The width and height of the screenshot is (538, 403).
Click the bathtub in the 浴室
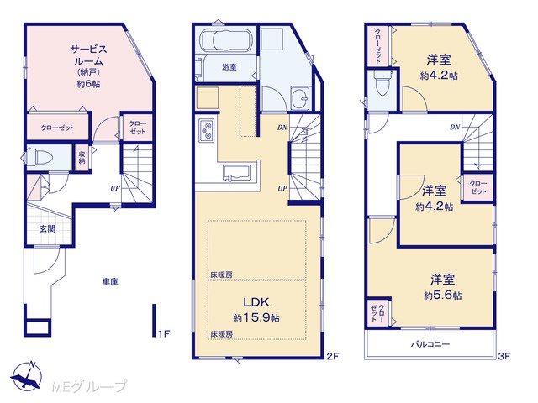pos(226,41)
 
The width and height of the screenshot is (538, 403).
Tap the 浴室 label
pos(229,67)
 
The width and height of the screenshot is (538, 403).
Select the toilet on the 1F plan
pos(39,157)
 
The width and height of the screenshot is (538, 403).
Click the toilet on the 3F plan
pos(382,82)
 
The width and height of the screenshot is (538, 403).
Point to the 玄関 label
pos(47,228)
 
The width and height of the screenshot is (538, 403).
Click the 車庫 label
pos(110,282)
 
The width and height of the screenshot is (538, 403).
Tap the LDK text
pos(256,302)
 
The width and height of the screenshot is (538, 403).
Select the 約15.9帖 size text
pos(256,318)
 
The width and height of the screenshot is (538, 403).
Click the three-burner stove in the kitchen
pos(207,131)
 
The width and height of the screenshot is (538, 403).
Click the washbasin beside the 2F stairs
pos(300,98)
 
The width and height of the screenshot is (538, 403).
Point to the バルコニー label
pos(430,343)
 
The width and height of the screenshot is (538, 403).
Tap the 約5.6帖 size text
pos(442,296)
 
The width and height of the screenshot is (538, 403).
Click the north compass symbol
pos(27,376)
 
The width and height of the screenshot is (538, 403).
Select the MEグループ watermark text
pos(89,386)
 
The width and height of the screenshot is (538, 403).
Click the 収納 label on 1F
pos(82,157)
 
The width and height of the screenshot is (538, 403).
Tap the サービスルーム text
pos(89,55)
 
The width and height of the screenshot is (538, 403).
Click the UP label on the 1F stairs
pos(115,188)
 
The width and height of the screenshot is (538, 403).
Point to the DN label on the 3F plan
pos(455,128)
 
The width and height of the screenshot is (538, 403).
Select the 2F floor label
pos(333,356)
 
